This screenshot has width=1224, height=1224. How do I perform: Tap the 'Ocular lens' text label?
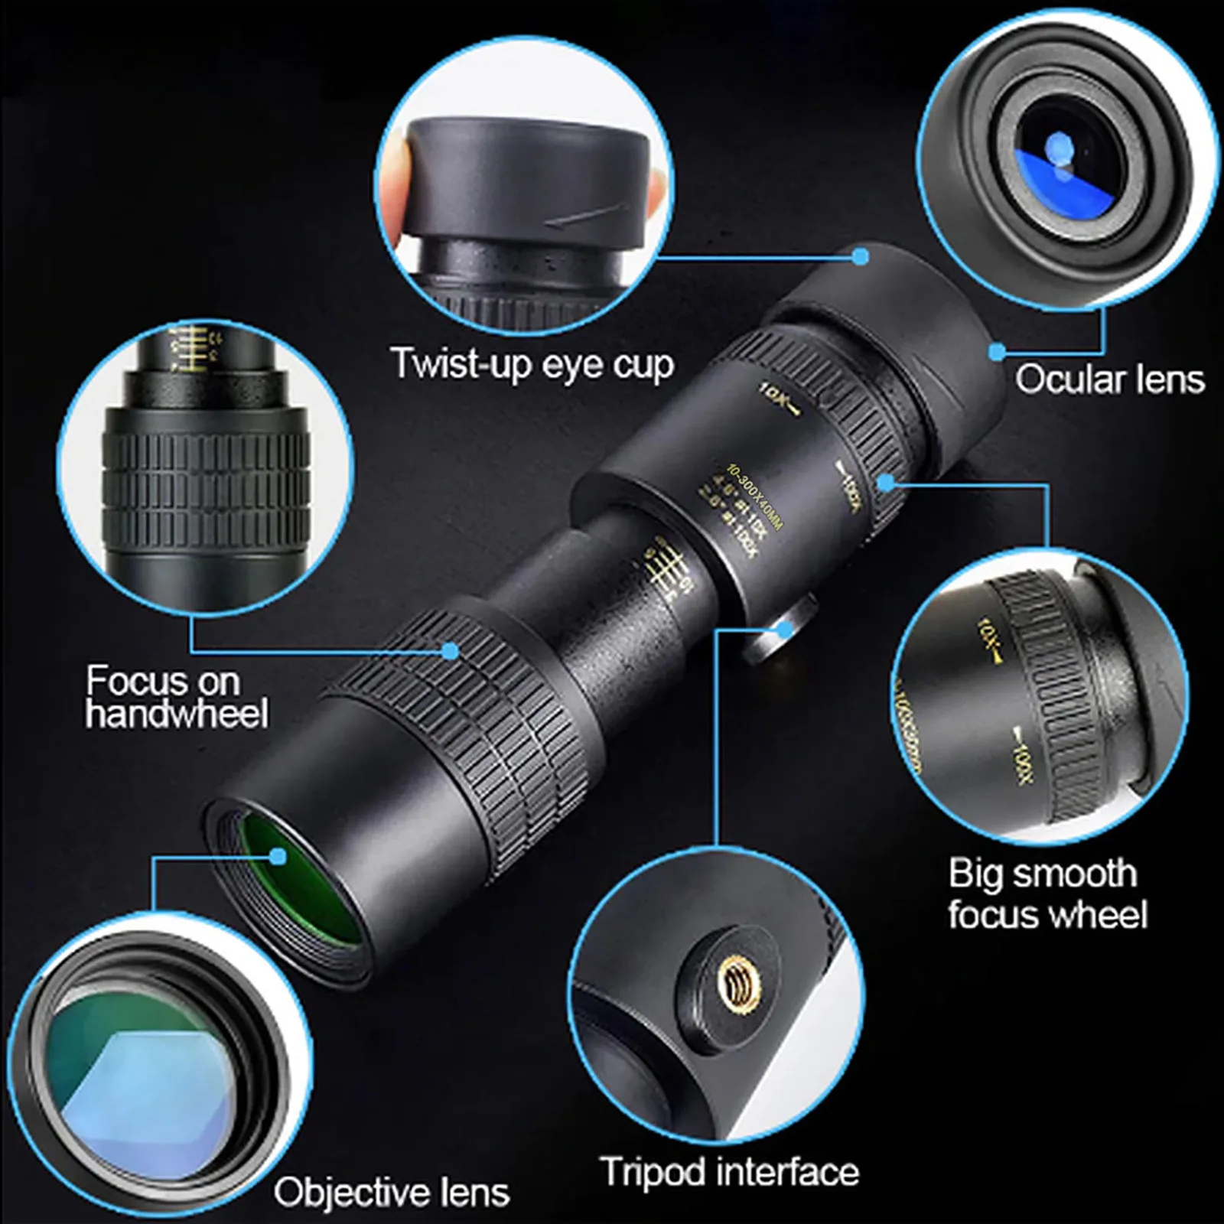coord(1109,379)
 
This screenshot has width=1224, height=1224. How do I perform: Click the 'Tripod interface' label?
coord(729,1172)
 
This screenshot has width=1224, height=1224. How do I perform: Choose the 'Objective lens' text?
coord(391,1193)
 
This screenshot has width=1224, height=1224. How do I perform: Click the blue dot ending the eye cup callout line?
coord(861,256)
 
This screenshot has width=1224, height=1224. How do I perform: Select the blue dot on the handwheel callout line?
coord(451,651)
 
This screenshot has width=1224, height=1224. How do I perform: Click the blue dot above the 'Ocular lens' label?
coord(997,351)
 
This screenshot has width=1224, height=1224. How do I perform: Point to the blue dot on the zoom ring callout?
coord(887,482)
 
